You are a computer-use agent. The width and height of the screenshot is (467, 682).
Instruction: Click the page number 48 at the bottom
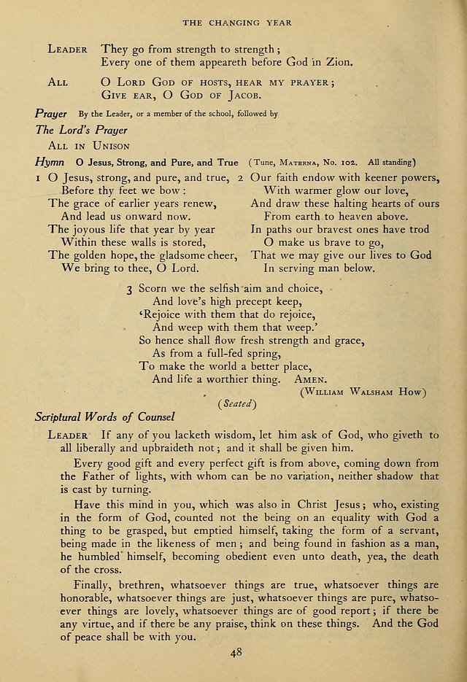coord(233,654)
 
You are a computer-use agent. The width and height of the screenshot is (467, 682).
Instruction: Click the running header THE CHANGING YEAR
coord(236,23)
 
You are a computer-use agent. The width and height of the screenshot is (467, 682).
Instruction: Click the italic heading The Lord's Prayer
coord(81,130)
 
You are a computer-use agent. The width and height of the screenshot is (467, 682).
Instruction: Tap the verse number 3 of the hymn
coord(128,289)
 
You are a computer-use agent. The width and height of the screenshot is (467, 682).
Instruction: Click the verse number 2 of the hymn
coord(241,177)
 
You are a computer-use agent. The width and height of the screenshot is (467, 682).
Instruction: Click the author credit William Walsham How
coord(363,392)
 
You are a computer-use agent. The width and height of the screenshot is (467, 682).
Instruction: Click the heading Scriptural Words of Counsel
coord(105,417)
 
